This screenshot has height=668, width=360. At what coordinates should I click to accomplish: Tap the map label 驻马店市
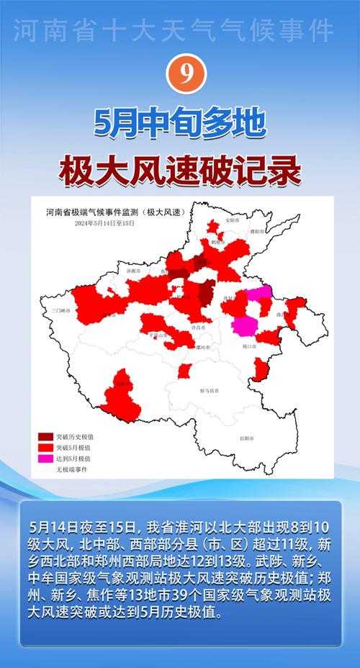coord(210,391)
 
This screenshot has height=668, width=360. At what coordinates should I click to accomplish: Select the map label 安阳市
coord(230,220)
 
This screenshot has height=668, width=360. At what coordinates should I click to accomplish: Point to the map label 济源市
coord(135,272)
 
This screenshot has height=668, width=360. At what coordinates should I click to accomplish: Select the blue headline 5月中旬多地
coord(179,124)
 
